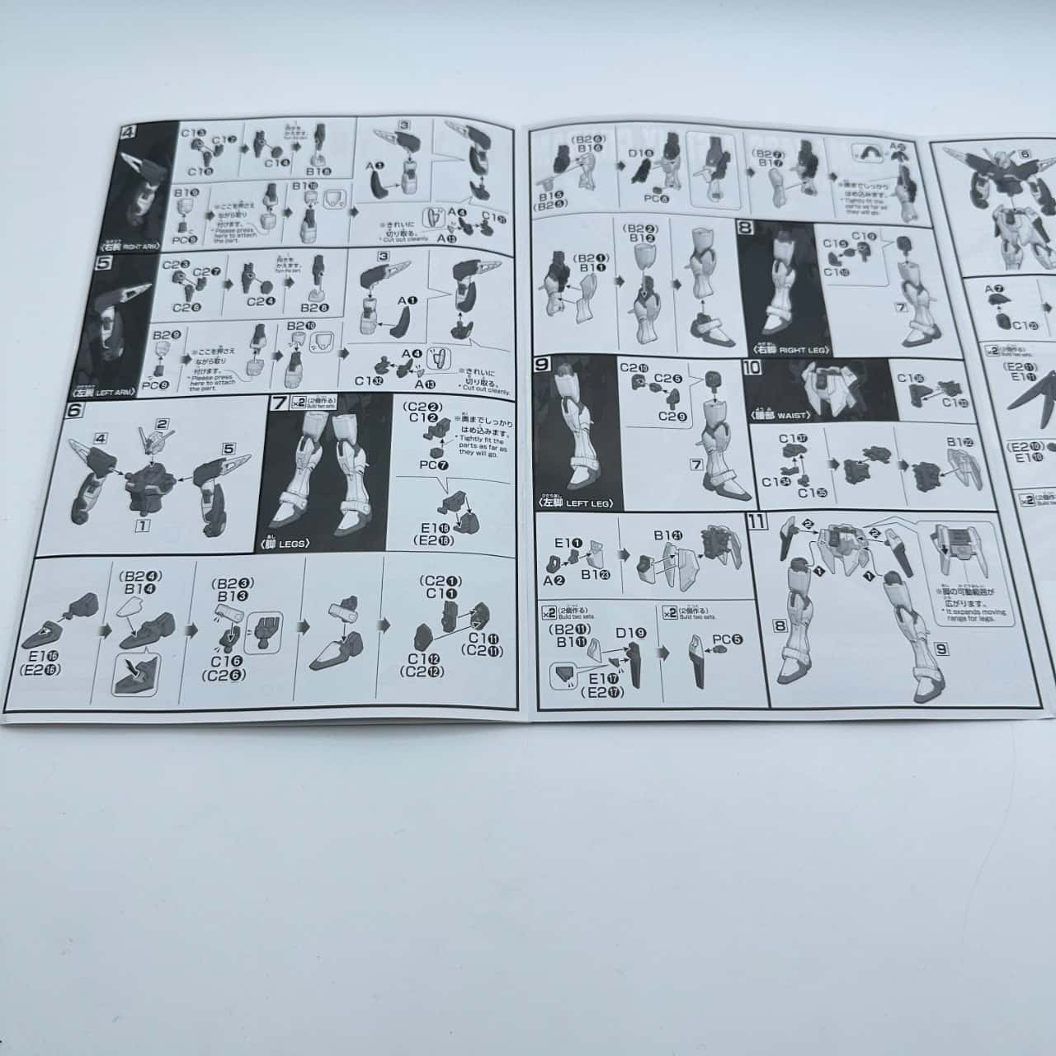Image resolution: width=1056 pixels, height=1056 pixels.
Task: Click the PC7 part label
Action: [x=427, y=465]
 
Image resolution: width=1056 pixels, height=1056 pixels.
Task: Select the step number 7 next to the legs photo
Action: [x=278, y=404]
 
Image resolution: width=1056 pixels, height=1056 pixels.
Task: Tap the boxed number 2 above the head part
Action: [x=163, y=424]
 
